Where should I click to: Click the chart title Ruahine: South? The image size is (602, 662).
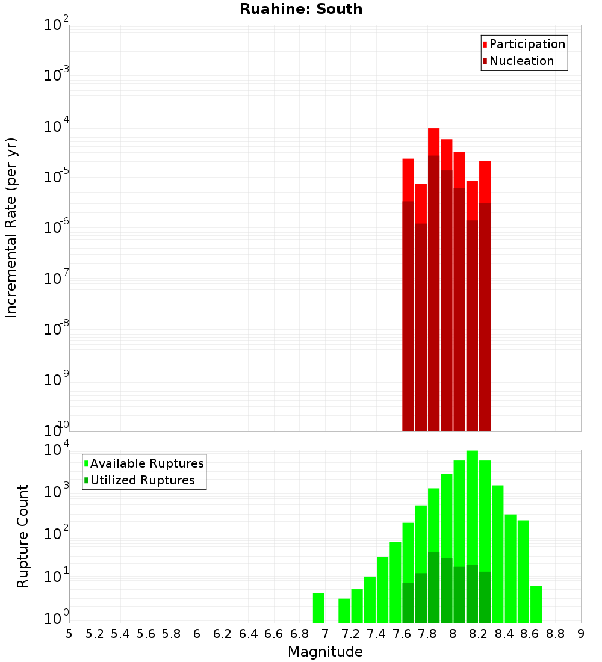point(301,9)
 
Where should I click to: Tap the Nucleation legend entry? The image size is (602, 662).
point(521,61)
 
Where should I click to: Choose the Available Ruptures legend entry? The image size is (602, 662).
point(146,464)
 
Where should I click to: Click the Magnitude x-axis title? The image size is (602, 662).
point(325,652)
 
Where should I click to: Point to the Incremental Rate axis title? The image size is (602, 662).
point(11,227)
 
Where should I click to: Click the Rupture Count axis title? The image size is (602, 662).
point(23,536)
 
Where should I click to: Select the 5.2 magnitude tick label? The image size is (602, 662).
point(95,633)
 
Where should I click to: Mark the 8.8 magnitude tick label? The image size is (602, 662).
point(555,633)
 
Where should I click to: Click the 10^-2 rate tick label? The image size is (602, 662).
point(56,25)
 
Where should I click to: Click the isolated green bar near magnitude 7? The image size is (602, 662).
point(318,608)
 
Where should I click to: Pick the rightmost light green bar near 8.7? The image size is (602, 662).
point(536,604)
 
